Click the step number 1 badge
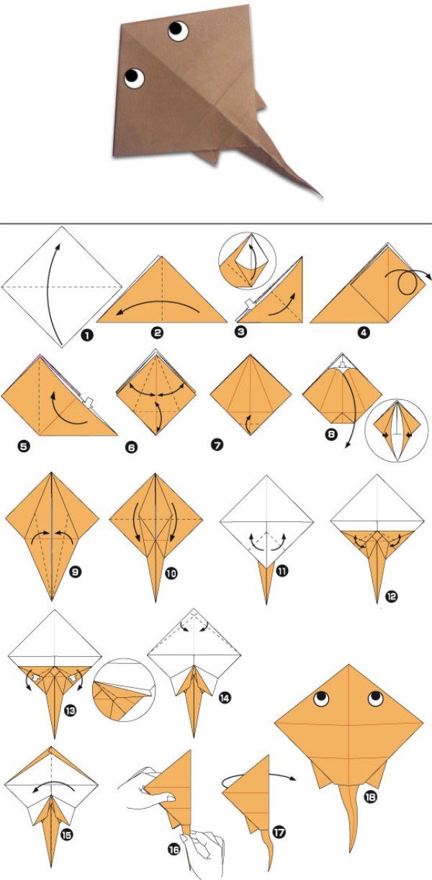[x=87, y=336]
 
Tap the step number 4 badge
[x=364, y=333]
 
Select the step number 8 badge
[x=331, y=434]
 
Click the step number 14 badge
[x=225, y=698]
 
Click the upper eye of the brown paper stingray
[x=179, y=31]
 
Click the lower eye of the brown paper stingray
[x=135, y=78]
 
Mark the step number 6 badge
[x=132, y=447]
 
